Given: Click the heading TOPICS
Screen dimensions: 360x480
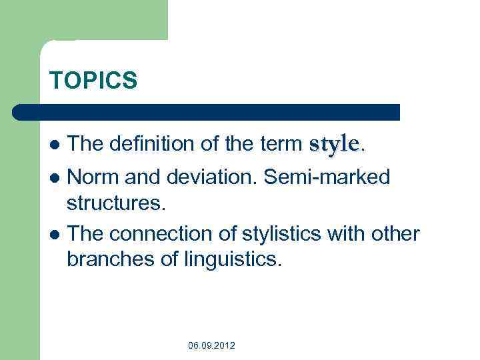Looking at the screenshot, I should (x=93, y=80).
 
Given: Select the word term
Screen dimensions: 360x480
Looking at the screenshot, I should (x=281, y=143).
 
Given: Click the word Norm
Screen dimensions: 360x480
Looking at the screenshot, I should (x=93, y=177).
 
